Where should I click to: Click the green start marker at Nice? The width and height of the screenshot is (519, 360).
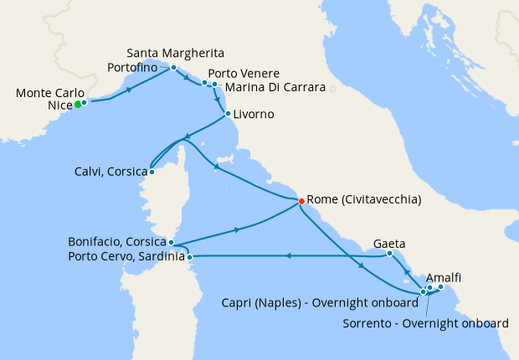coord(77,104)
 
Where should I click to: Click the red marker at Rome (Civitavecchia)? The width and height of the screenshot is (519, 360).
coord(301,200)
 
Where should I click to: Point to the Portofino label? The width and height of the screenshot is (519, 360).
coord(138,67)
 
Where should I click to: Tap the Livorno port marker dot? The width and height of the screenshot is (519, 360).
coord(228,114)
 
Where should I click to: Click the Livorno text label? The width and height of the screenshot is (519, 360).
coord(254,114)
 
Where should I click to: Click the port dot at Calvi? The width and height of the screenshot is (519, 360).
coord(152,172)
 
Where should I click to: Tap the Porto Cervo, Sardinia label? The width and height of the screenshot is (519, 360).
coord(126,256)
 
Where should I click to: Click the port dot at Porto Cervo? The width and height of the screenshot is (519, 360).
coord(190,256)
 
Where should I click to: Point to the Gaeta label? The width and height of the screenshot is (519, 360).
coord(390,244)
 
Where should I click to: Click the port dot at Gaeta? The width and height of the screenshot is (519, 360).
coord(390,253)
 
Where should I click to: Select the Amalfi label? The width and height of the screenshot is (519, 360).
coord(444,277)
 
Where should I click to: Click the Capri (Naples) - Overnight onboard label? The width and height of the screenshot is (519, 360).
coord(321,302)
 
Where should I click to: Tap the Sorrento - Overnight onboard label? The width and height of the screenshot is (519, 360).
coord(427,322)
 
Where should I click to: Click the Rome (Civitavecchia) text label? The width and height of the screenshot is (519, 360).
coord(364,200)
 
